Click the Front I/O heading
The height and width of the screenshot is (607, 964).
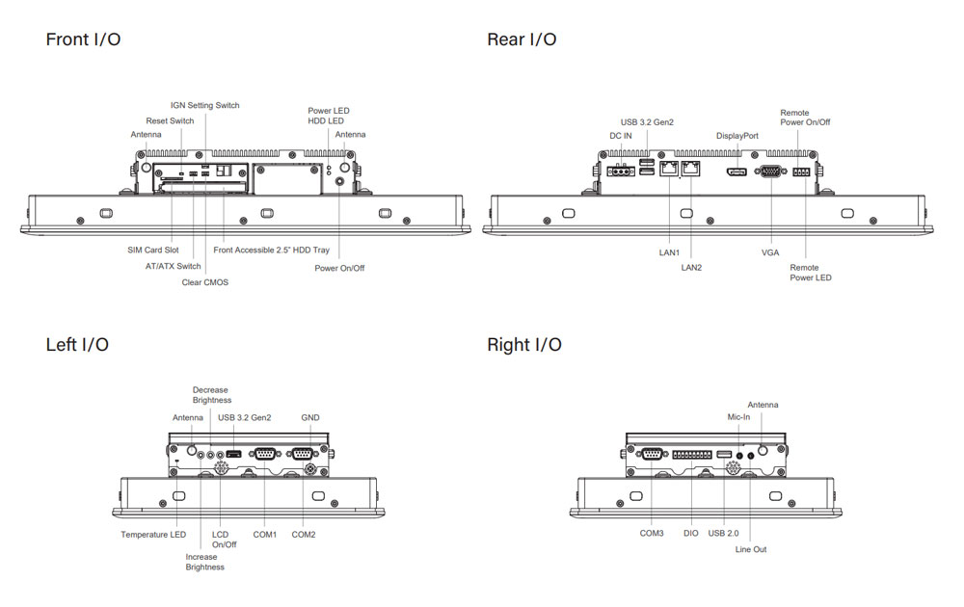tap(83, 40)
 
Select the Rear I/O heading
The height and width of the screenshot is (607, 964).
tap(522, 40)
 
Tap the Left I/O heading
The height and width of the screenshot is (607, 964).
tap(77, 344)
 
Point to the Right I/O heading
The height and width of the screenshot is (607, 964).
tap(523, 344)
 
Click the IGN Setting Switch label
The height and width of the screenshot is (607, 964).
tap(204, 105)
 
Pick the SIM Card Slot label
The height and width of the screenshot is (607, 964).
tap(153, 250)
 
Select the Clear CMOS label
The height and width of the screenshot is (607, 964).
tap(205, 282)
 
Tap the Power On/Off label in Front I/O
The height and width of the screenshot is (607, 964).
tap(339, 268)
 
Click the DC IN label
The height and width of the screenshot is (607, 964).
tap(621, 136)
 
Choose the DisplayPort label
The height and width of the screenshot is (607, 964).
tap(736, 136)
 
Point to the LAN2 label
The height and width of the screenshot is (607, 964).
tap(691, 267)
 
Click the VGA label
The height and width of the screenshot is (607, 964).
tap(770, 252)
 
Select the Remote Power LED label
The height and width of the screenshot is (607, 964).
tap(810, 273)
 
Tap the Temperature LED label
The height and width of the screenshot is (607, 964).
tap(153, 534)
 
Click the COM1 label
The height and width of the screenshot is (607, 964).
tap(264, 534)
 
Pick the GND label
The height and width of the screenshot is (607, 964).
tap(309, 417)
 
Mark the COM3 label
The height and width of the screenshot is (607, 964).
tap(652, 532)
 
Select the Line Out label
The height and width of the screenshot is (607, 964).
tap(751, 549)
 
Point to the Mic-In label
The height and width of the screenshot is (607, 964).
tap(738, 417)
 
